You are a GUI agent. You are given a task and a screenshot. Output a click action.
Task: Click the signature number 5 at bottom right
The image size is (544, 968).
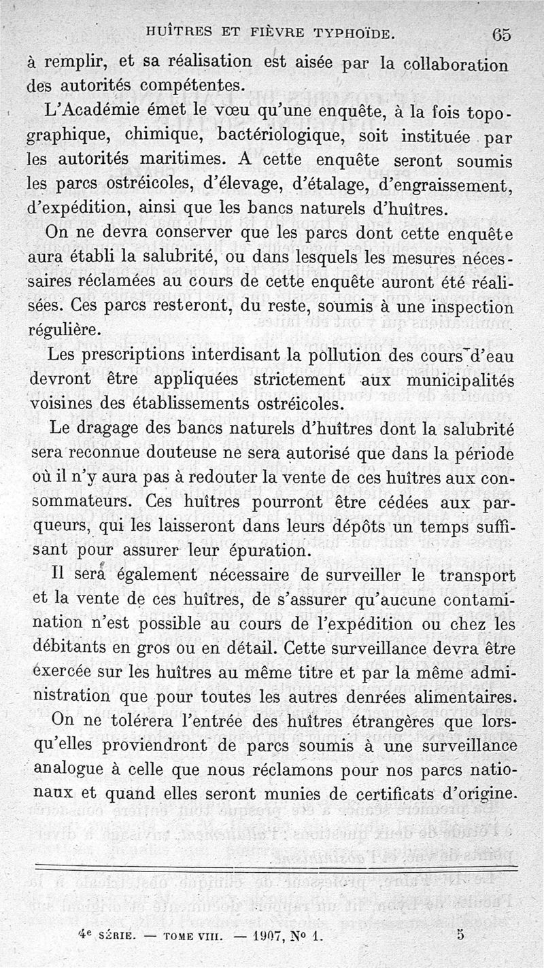tap(460, 933)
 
